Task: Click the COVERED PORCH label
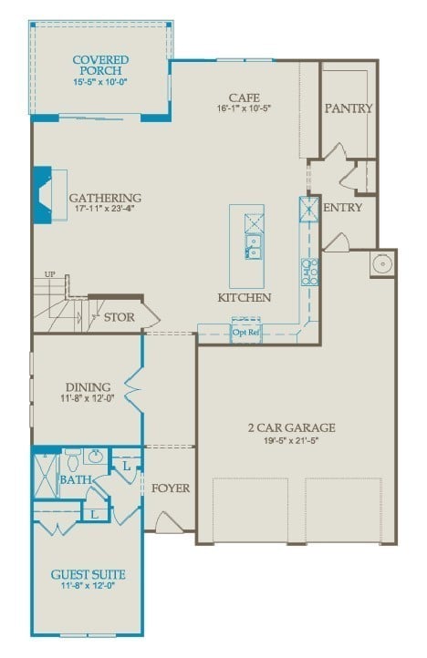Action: [101, 66]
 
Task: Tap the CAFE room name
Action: [245, 98]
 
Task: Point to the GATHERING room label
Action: [106, 198]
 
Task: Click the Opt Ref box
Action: [245, 331]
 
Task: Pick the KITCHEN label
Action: [244, 298]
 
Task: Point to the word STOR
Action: [119, 317]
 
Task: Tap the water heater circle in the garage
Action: [381, 265]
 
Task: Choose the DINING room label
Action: [88, 386]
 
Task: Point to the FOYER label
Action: [171, 488]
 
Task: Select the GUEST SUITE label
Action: [88, 574]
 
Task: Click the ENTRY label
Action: [342, 208]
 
